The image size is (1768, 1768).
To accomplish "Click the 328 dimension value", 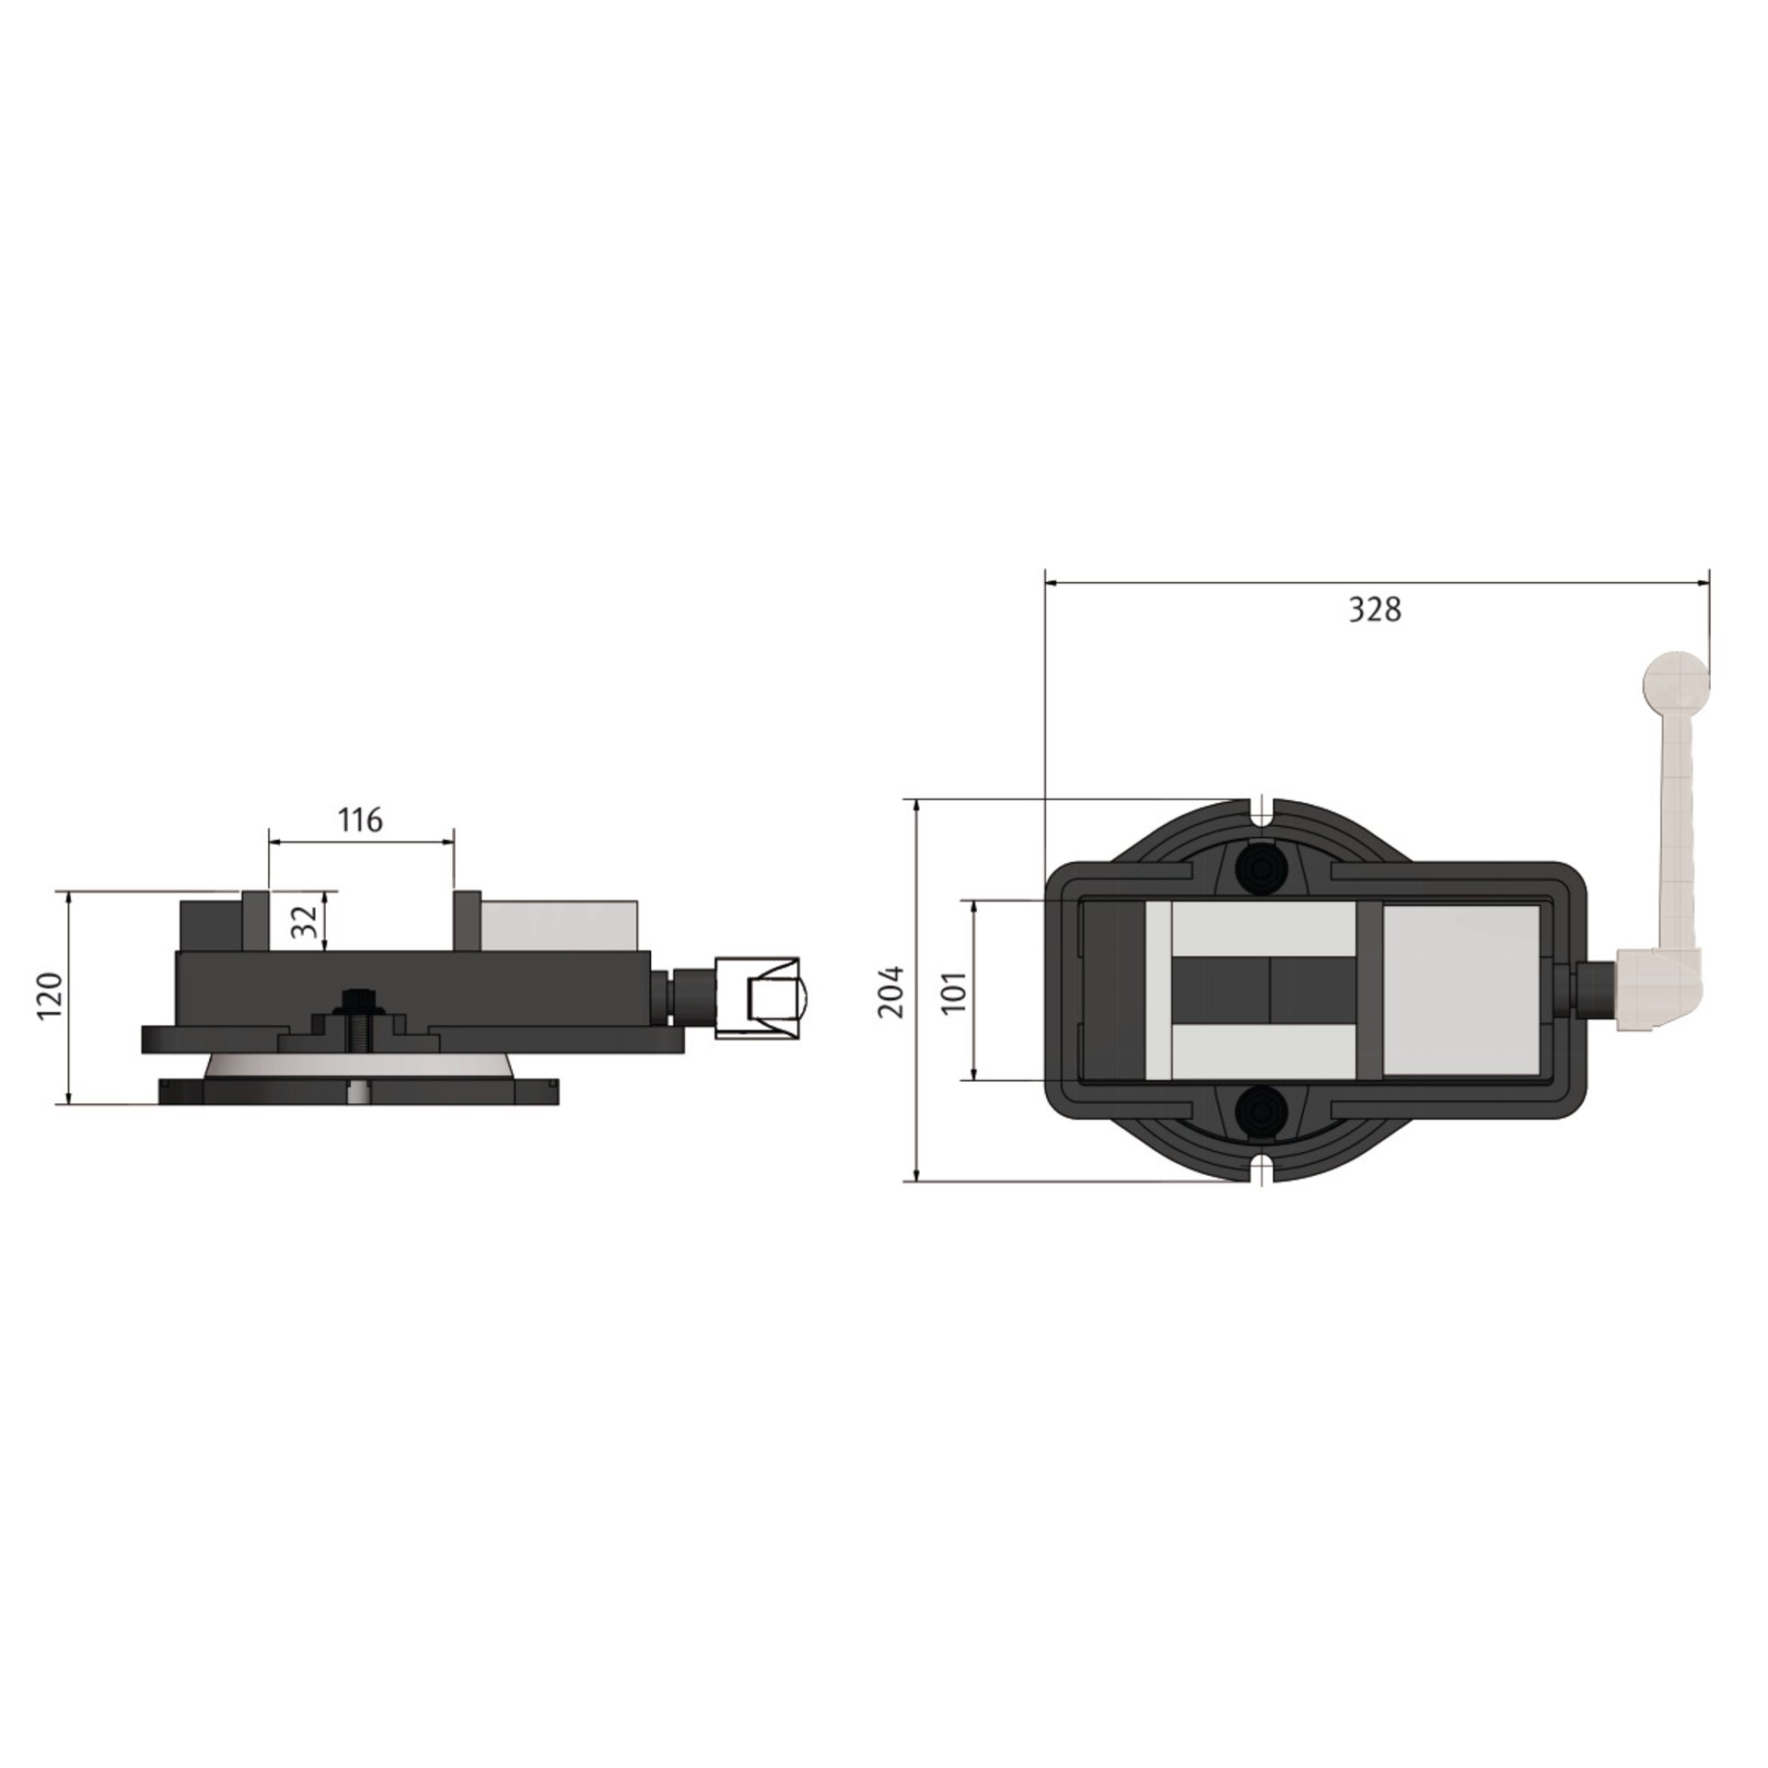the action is click(x=1375, y=610).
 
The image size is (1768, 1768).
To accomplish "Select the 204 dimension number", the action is click(x=890, y=991).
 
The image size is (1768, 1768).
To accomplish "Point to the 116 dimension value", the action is click(x=359, y=820).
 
